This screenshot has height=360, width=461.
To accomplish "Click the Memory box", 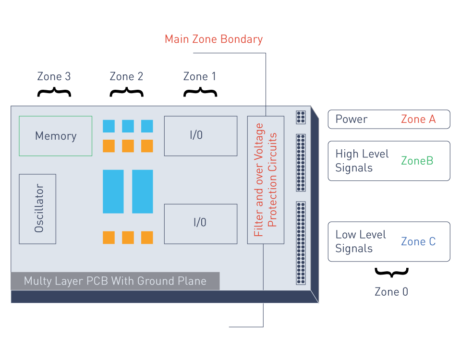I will [55, 136].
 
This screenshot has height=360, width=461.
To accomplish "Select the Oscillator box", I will [37, 209].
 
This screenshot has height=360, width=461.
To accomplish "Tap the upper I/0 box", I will [200, 136].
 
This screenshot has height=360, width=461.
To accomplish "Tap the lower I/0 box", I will [200, 224].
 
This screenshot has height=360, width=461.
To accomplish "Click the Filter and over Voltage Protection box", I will [266, 180].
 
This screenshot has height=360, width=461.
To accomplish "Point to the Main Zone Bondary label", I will [214, 39].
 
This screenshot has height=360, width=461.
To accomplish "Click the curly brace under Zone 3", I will [54, 92].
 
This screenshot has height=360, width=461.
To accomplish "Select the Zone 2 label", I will [126, 76].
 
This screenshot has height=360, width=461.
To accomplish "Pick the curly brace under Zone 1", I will [200, 92].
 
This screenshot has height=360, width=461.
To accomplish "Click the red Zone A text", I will [418, 120].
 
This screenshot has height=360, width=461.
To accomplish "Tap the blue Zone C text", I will [418, 241].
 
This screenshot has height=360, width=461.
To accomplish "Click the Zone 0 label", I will [391, 292].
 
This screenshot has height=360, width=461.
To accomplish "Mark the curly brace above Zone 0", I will [391, 273].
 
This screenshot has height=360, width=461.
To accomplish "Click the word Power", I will [352, 120].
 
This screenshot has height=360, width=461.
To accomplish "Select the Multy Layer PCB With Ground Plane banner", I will [115, 281].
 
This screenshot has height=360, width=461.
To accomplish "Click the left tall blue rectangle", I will [113, 192].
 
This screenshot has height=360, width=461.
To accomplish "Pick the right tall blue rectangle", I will [143, 192].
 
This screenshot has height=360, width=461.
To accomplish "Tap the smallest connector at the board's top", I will [301, 117].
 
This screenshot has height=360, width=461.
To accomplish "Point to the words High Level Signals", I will [362, 161].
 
